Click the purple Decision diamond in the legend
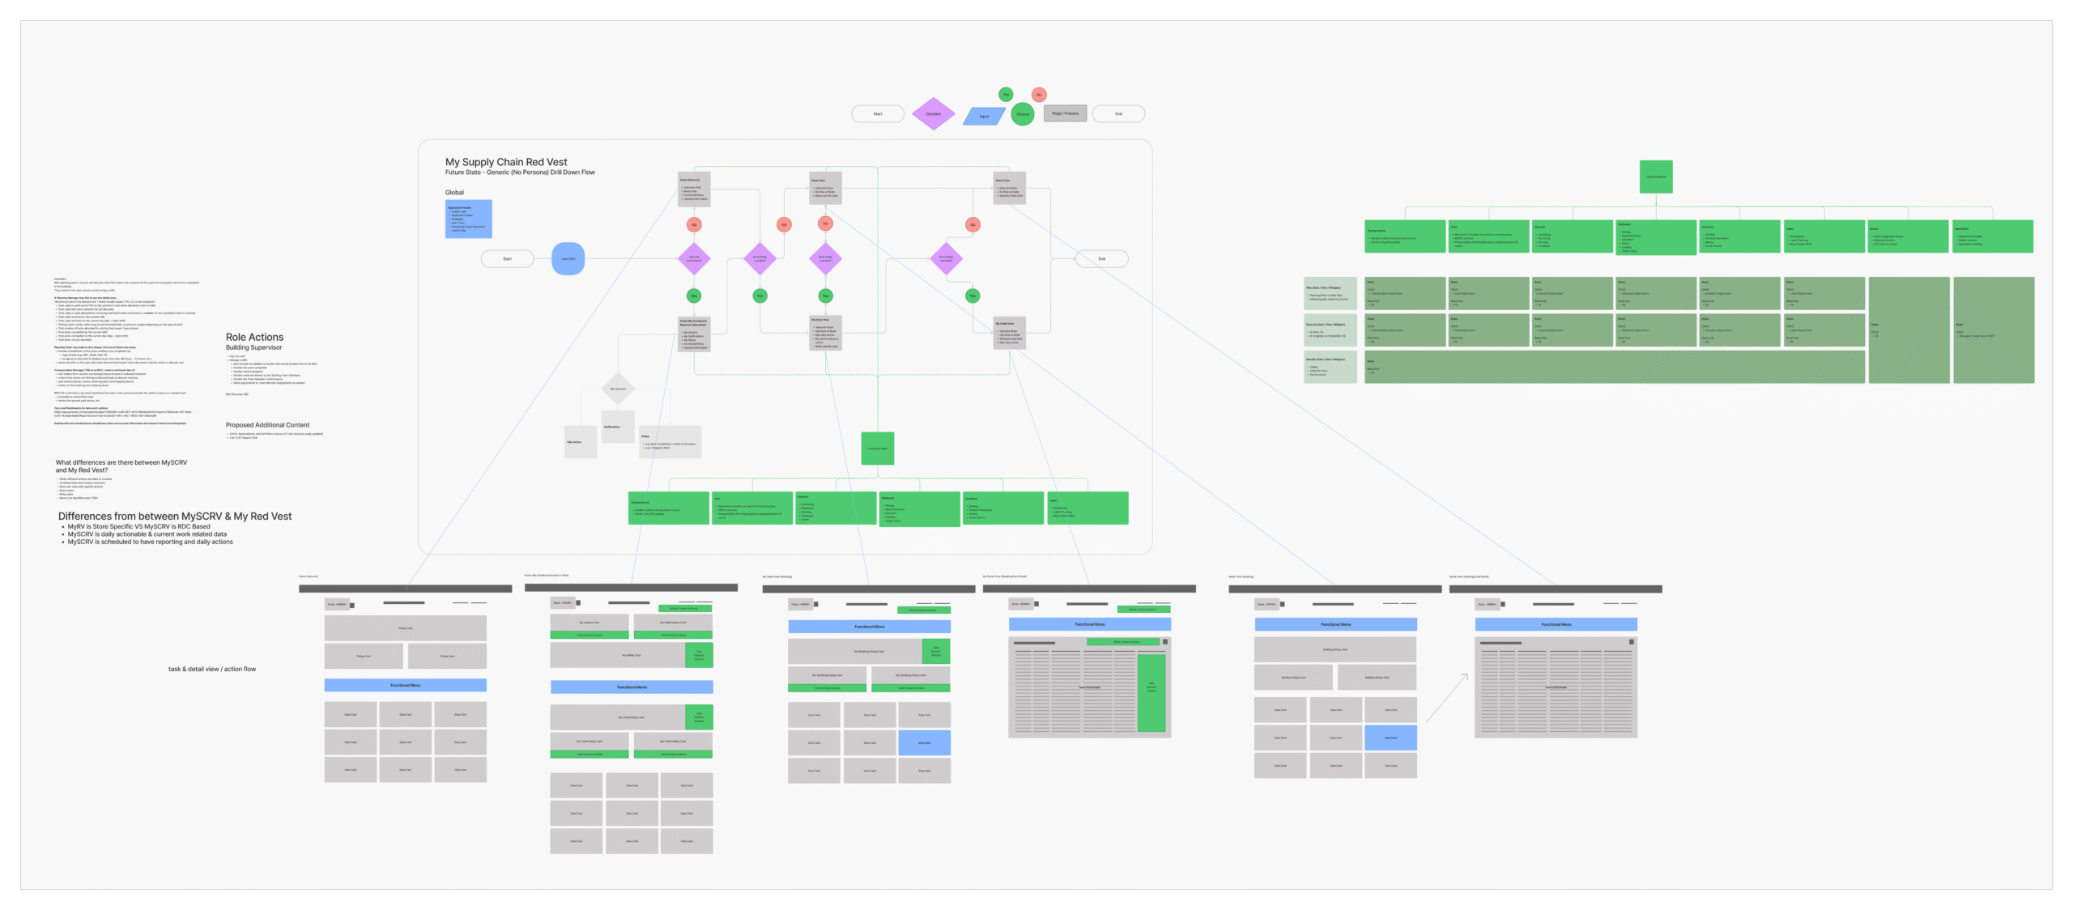[933, 114]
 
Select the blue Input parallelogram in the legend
[984, 117]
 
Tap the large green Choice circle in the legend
[1023, 114]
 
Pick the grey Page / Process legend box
[1065, 113]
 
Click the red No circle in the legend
[1039, 95]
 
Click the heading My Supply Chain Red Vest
[506, 162]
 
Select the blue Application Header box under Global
[468, 219]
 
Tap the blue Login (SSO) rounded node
[568, 259]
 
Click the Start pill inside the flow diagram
[507, 259]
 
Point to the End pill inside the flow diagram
[1101, 259]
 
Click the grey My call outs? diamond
[618, 389]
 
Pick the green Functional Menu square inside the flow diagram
[878, 449]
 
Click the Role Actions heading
[254, 337]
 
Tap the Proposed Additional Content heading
[267, 425]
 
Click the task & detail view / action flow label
[212, 670]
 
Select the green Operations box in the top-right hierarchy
[1992, 236]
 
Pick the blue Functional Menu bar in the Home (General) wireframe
[405, 685]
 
